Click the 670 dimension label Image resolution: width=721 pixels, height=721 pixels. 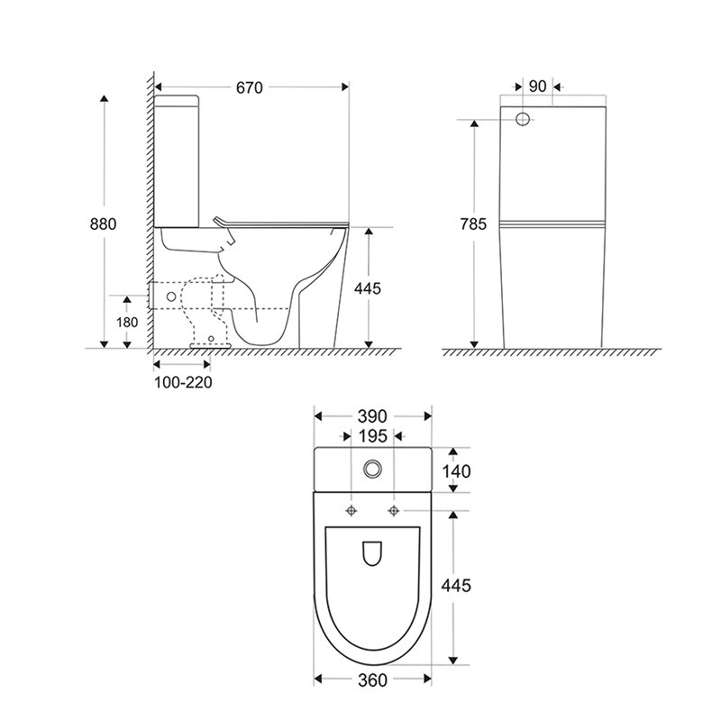click(250, 87)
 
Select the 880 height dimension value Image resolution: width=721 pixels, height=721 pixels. click(104, 224)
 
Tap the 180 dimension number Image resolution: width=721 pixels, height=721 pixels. click(127, 323)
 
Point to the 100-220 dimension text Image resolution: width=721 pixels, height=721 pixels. click(183, 382)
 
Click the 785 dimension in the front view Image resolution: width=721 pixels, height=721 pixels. click(473, 224)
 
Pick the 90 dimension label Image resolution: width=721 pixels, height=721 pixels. click(537, 86)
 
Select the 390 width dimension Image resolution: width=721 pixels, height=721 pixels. click(372, 416)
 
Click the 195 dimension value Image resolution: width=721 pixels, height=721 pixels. click(373, 436)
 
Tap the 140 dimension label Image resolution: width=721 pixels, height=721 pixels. click(457, 471)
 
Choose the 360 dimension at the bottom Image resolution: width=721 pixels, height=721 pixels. click(372, 680)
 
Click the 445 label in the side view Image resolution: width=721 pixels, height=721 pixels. click(368, 288)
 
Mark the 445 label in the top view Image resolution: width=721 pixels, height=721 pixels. click(456, 585)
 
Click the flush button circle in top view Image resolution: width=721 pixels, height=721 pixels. click(372, 469)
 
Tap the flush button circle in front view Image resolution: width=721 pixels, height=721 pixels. click(523, 119)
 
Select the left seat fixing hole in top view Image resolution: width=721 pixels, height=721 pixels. click(351, 510)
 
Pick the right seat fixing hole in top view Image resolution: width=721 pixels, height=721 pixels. click(394, 510)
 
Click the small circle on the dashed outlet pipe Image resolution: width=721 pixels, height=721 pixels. click(171, 297)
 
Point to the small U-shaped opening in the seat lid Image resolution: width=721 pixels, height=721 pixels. click(372, 553)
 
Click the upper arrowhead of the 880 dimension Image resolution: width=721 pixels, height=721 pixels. click(105, 98)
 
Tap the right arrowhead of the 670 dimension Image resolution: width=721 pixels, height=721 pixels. click(345, 87)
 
